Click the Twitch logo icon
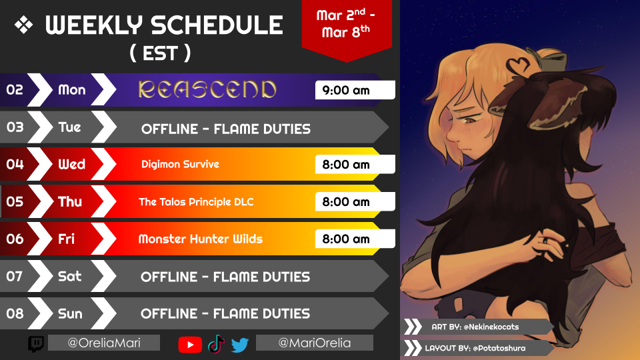click(x=36, y=344)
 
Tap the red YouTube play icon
click(x=190, y=345)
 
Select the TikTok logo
click(x=216, y=344)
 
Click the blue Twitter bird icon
click(x=240, y=345)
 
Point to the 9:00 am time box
click(x=355, y=90)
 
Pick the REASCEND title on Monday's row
click(x=207, y=89)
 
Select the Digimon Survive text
click(x=180, y=164)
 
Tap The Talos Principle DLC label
click(x=196, y=201)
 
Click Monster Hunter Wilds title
click(x=201, y=239)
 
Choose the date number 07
click(x=14, y=276)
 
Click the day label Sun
click(x=70, y=313)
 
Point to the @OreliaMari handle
click(x=104, y=343)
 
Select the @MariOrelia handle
click(x=314, y=343)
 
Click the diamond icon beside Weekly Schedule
click(x=24, y=25)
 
